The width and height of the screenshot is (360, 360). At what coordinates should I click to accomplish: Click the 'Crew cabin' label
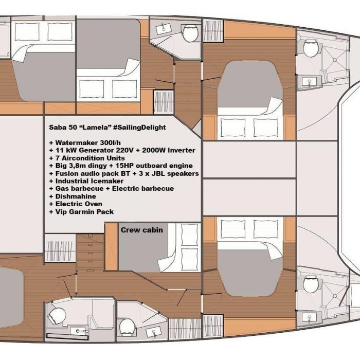point(141,230)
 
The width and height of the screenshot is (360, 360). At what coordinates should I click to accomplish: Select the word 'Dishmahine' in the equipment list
point(76,196)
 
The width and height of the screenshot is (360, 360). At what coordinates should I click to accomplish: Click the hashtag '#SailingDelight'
point(139,128)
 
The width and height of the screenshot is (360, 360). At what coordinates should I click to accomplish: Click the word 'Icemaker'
point(107,181)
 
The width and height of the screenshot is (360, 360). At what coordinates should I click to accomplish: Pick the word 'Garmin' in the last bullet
point(81,212)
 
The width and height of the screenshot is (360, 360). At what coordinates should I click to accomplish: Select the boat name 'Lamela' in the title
point(97,128)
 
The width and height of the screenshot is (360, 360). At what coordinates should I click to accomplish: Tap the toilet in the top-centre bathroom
point(191,33)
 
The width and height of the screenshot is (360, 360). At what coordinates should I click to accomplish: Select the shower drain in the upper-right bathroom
point(335,60)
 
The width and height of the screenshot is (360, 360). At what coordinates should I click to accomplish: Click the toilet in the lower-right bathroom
point(311,284)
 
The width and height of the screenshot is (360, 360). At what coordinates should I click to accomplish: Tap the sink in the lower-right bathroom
point(309,317)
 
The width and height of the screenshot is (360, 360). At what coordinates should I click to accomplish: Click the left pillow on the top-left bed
point(27,31)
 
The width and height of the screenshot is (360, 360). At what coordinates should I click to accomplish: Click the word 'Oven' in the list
point(94,204)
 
